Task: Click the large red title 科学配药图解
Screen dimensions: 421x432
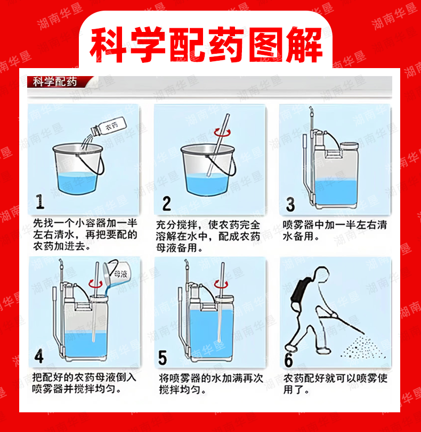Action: coord(206,45)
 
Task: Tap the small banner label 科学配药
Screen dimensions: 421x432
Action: coord(55,82)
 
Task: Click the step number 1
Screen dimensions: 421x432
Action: coord(40,202)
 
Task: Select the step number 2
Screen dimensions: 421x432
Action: coord(166,204)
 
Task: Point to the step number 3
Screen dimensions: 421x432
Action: coord(290,204)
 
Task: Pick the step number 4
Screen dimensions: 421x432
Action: coord(39,356)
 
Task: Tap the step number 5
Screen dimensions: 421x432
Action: coord(163,358)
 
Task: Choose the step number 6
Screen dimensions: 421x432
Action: coord(289,360)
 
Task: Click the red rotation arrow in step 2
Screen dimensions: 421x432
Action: coord(222,132)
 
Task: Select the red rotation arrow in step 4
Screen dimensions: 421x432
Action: coord(95,284)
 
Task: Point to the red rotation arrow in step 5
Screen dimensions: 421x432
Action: coord(221,284)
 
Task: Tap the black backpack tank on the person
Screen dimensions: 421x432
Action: coord(299,291)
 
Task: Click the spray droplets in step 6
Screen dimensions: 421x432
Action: coord(362,346)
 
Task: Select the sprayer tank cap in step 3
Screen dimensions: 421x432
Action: coord(349,145)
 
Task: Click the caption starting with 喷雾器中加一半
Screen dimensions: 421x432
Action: coord(335,230)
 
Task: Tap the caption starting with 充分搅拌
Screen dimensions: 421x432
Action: coord(208,236)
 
